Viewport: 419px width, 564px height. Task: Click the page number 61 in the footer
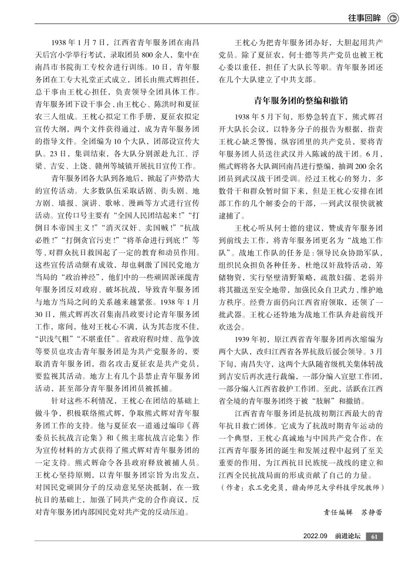click(x=374, y=536)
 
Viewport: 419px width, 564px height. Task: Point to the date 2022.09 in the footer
click(x=315, y=536)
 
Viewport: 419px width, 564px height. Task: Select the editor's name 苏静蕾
click(x=370, y=511)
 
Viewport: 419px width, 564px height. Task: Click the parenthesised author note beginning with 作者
click(x=300, y=487)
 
